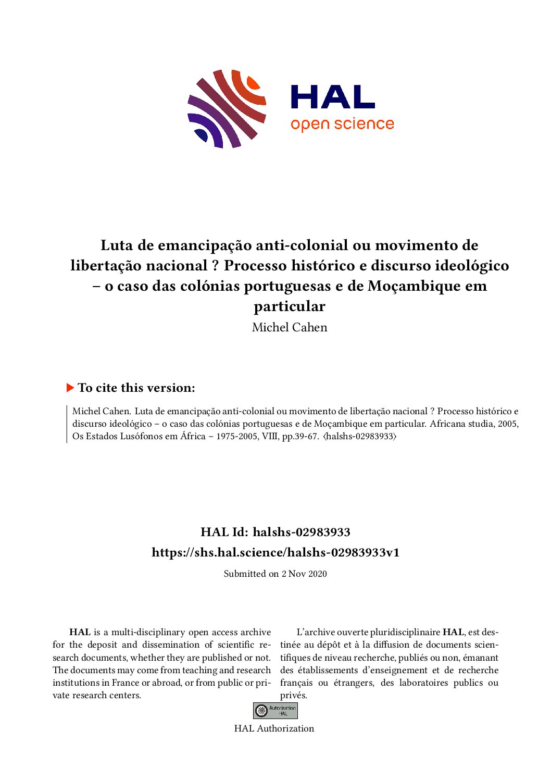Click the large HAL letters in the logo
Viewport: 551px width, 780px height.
click(x=332, y=97)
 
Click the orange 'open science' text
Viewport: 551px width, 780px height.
click(x=342, y=124)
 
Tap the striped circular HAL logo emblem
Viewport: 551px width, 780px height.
click(x=227, y=108)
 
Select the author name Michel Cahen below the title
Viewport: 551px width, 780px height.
click(x=290, y=327)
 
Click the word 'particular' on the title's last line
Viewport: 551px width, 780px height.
click(x=290, y=306)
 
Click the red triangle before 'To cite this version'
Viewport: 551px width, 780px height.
click(x=70, y=388)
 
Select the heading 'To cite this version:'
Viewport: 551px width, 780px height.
click(x=136, y=388)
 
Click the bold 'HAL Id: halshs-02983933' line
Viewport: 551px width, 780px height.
click(x=275, y=532)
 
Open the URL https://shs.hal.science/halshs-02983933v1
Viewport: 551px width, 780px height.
click(x=275, y=552)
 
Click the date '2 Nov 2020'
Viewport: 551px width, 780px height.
click(x=304, y=574)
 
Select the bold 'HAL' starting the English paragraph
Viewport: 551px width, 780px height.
click(x=80, y=632)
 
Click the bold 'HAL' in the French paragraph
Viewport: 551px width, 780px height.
click(x=453, y=632)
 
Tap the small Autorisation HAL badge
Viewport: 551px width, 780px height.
click(x=275, y=711)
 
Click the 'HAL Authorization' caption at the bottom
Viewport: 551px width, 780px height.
click(x=274, y=728)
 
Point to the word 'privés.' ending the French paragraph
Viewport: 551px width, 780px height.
click(x=294, y=695)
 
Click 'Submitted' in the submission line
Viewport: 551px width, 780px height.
click(x=245, y=574)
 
